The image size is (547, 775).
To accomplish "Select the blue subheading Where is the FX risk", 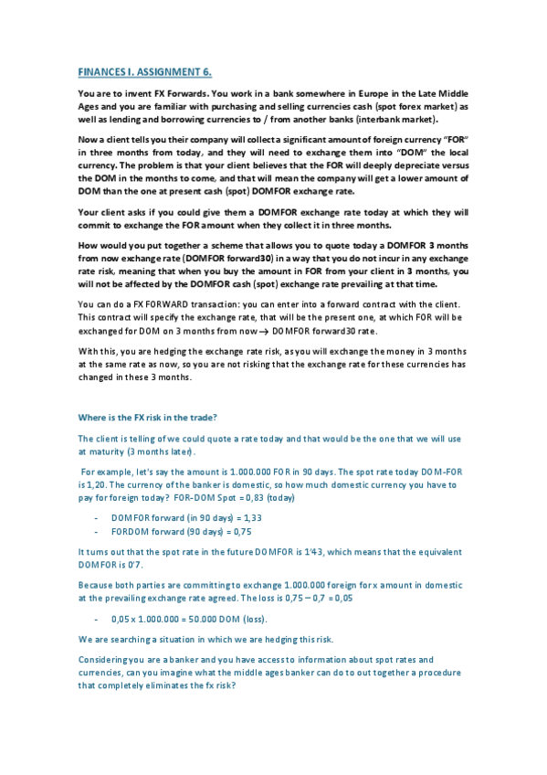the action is pyautogui.click(x=147, y=418).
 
